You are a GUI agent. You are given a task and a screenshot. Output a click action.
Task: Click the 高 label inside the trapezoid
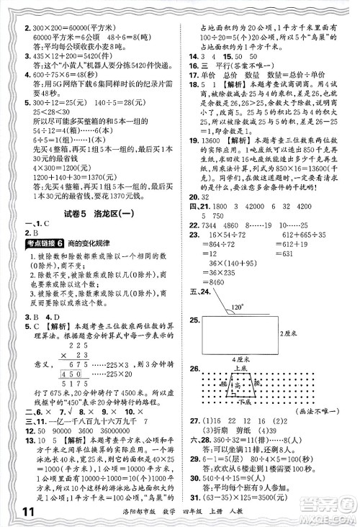(256, 387)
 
